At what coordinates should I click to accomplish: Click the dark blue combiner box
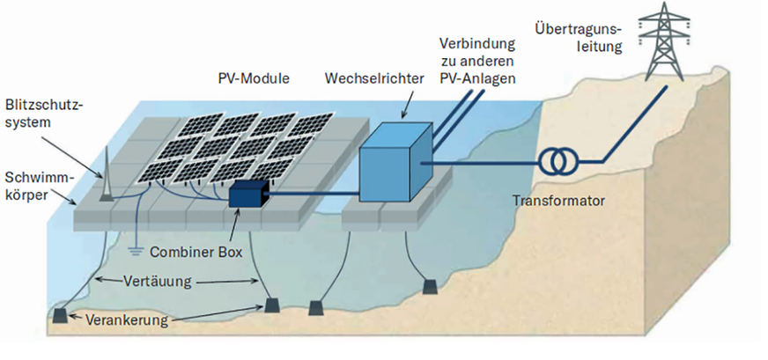(247, 193)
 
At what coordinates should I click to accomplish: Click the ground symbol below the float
(136, 250)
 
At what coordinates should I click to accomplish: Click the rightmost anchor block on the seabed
(431, 288)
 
